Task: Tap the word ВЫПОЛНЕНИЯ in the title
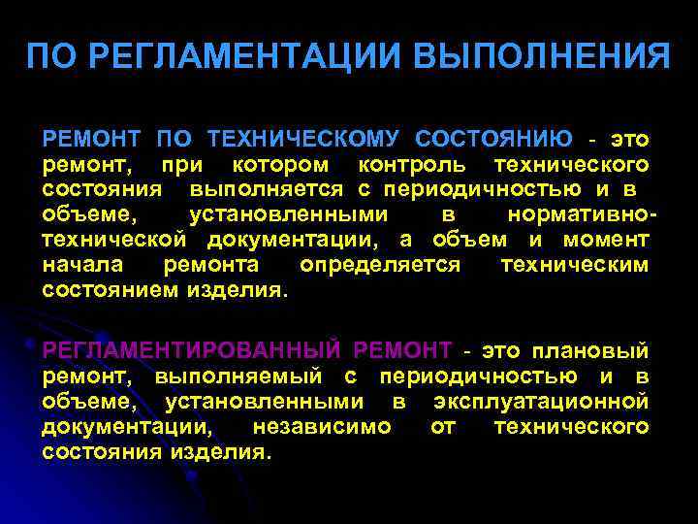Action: tap(542, 55)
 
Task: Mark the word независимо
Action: tap(321, 426)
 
